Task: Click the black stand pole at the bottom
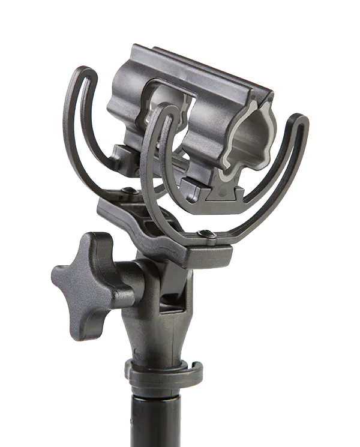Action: click(x=154, y=420)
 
